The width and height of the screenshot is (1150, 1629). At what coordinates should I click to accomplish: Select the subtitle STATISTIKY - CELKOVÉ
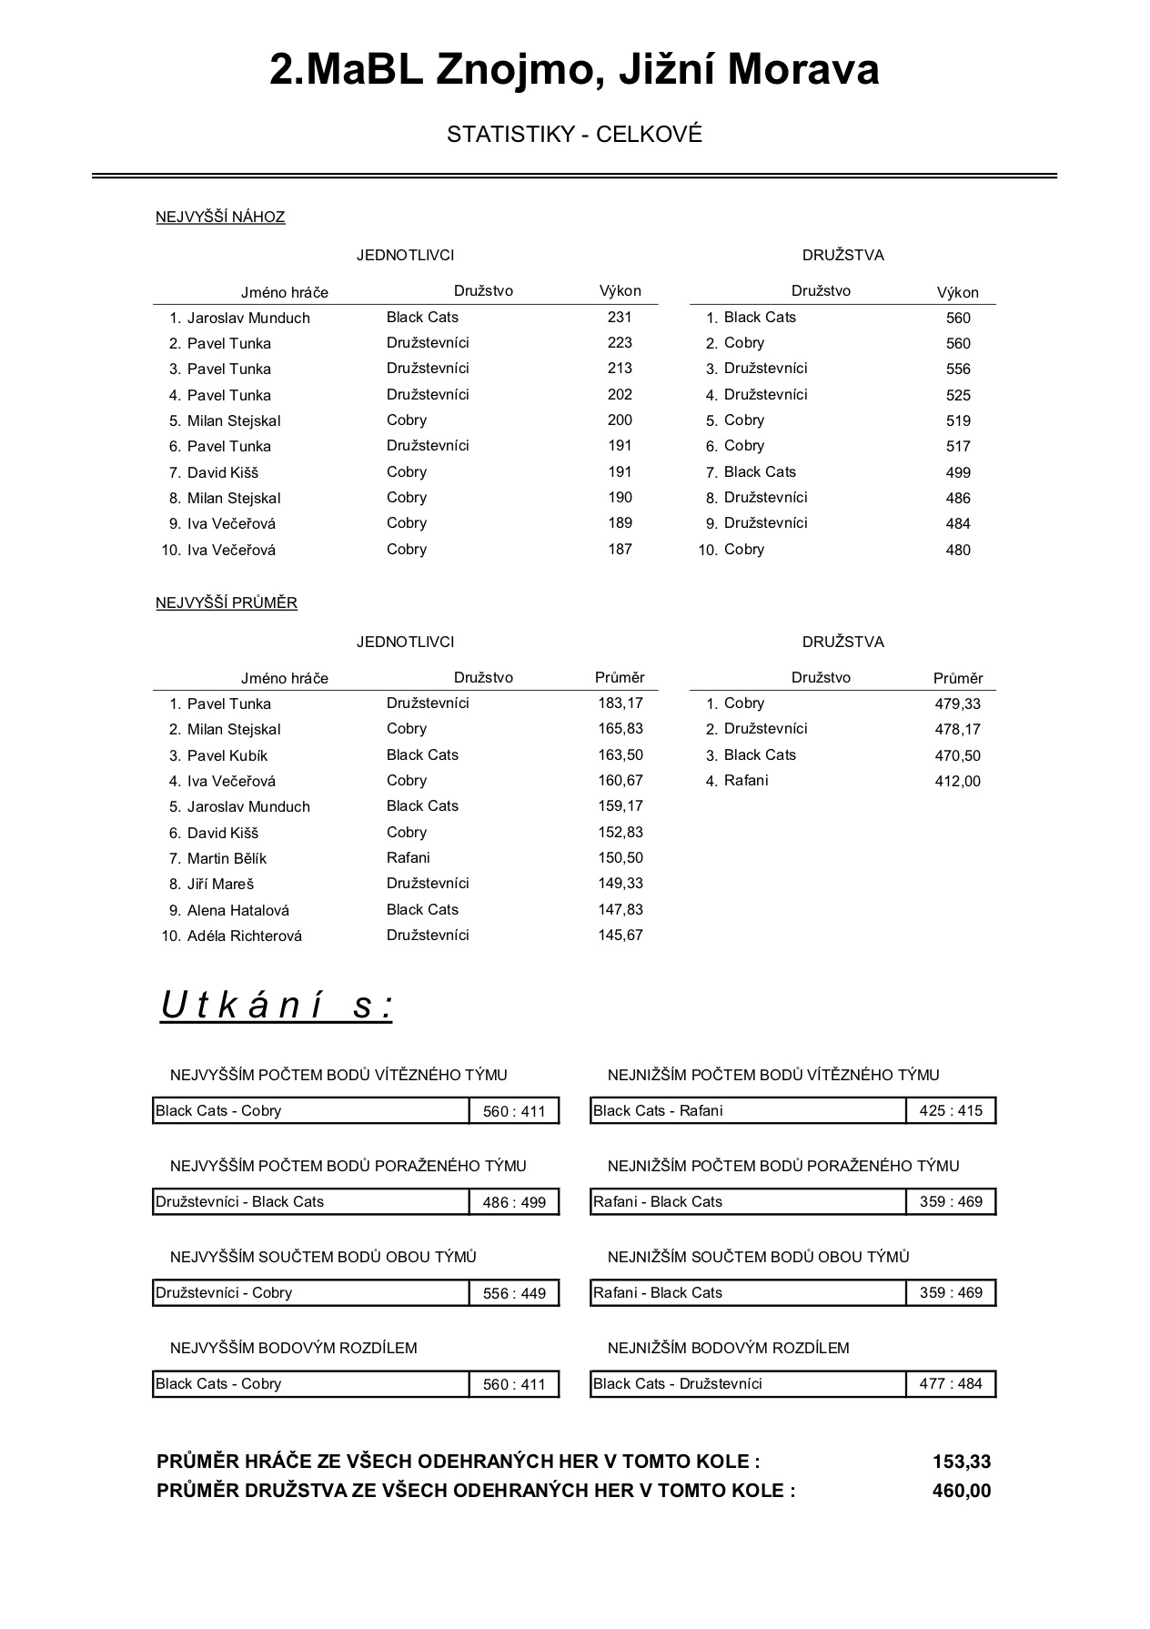point(574,135)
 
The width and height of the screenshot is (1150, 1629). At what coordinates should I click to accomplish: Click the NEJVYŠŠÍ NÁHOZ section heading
point(220,218)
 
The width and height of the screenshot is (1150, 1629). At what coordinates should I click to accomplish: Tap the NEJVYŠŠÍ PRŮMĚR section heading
point(227,603)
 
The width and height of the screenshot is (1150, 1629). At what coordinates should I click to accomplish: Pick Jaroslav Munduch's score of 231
point(620,318)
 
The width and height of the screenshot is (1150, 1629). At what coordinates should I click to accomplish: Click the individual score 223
point(620,343)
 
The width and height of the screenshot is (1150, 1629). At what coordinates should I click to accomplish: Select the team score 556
point(958,369)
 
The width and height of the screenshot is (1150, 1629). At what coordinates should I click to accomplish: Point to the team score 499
point(958,472)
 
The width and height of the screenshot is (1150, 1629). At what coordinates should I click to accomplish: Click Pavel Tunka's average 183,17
point(620,703)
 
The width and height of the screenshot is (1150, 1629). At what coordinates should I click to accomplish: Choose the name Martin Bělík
point(227,858)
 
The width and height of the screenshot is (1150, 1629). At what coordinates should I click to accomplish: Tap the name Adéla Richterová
point(244,936)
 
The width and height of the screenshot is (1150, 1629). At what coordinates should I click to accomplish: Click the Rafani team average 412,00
point(958,781)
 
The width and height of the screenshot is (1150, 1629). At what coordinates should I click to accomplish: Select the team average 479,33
point(958,703)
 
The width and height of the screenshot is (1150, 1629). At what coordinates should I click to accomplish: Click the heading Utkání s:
point(277,1006)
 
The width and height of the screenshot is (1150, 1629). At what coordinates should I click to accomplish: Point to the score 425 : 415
point(951,1111)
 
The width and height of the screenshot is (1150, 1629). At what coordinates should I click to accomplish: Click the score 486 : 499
point(514,1202)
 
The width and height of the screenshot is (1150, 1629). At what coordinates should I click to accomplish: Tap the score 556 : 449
point(514,1293)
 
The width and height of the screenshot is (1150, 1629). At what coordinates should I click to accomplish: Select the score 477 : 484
point(951,1384)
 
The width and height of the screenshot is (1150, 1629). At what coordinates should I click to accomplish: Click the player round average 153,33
point(962,1462)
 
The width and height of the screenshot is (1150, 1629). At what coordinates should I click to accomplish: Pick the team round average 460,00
point(962,1491)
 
